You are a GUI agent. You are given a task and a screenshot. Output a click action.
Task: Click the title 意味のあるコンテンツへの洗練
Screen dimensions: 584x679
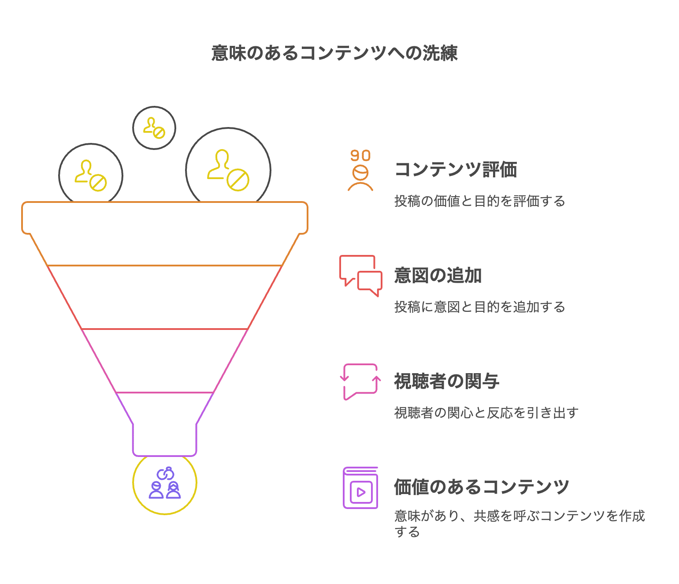tap(334, 53)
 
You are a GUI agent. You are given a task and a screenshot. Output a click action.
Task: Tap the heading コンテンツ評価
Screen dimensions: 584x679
tap(456, 170)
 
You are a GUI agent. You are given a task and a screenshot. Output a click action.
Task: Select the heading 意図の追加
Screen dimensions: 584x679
tap(438, 276)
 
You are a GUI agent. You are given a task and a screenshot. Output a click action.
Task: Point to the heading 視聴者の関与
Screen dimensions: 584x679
tap(446, 382)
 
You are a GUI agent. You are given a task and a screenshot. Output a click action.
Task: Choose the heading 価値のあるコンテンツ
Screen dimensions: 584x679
tap(482, 487)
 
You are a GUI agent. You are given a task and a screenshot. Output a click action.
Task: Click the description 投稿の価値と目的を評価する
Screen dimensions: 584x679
tap(479, 201)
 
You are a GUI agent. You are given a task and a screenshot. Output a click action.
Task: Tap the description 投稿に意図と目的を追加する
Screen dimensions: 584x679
tap(479, 307)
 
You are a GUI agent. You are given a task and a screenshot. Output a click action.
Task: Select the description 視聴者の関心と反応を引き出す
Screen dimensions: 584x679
tap(486, 413)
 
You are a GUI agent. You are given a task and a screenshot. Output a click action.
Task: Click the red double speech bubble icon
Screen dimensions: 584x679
tap(360, 276)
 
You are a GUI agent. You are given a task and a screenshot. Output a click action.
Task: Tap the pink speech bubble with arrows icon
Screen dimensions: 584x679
tap(360, 382)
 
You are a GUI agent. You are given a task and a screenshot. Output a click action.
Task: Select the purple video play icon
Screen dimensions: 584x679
tap(360, 488)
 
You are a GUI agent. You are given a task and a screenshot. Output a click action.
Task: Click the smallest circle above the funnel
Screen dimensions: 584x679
tap(154, 128)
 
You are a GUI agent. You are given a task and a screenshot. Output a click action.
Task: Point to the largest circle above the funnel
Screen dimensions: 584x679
tap(228, 170)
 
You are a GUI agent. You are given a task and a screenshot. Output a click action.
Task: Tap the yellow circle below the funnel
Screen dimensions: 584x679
tap(164, 507)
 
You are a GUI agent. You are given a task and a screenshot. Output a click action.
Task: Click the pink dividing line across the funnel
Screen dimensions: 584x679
tap(165, 392)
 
